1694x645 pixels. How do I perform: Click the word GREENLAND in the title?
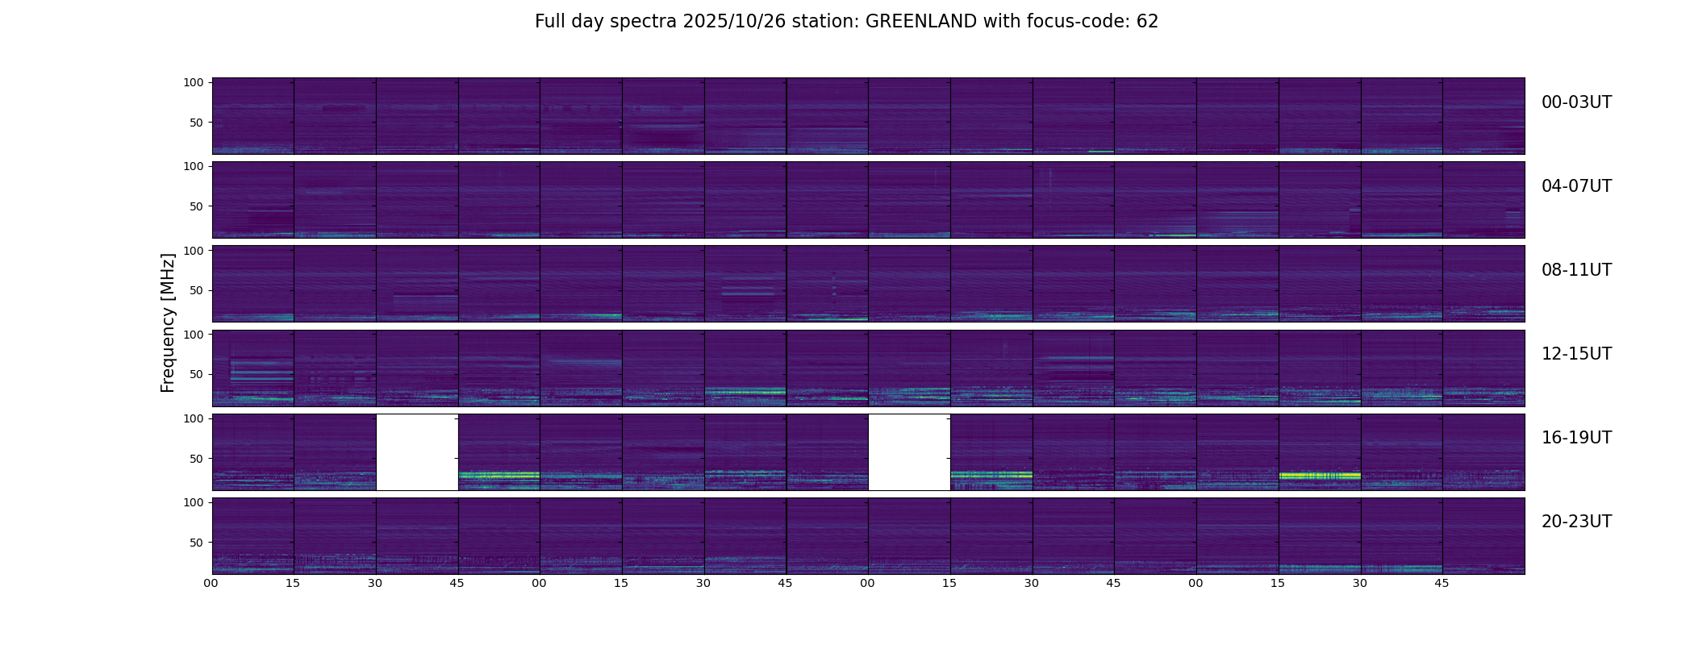920,22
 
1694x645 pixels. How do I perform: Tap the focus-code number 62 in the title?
1147,22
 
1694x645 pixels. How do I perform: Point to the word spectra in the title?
644,22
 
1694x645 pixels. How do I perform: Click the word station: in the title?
830,22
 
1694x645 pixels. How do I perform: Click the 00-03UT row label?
1576,102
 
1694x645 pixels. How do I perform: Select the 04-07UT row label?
1576,186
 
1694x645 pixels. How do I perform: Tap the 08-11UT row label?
1576,270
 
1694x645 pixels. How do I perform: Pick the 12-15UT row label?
1576,354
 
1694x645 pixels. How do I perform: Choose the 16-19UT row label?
1576,438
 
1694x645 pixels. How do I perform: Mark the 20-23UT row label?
1576,522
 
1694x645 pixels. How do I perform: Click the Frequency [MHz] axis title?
168,322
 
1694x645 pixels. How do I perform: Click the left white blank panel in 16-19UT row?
417,452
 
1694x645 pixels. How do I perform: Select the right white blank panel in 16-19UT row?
909,452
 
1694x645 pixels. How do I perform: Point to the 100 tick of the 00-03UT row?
194,82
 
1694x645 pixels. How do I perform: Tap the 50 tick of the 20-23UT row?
196,543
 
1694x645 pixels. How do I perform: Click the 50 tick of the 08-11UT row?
196,290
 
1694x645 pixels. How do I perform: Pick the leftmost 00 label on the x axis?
211,583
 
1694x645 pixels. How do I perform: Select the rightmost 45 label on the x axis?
1442,583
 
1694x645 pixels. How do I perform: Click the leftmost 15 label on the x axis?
293,583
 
